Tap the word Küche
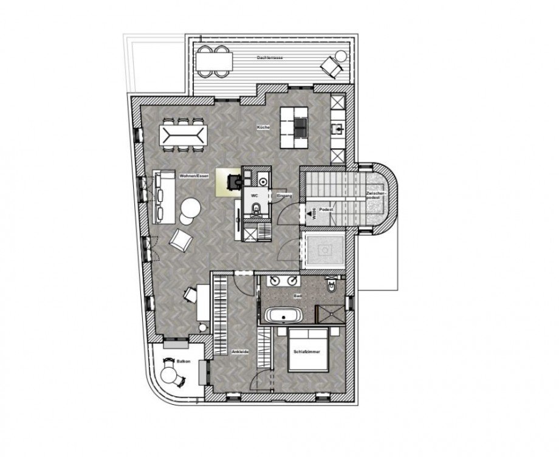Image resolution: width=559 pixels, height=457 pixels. click(x=263, y=128)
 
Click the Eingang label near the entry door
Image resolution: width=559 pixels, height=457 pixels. click(x=285, y=196)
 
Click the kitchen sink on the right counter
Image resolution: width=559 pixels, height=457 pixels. click(x=337, y=128)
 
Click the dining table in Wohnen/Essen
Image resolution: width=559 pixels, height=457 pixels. click(x=181, y=134)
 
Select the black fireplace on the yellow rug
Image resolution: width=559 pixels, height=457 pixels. click(x=233, y=181)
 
